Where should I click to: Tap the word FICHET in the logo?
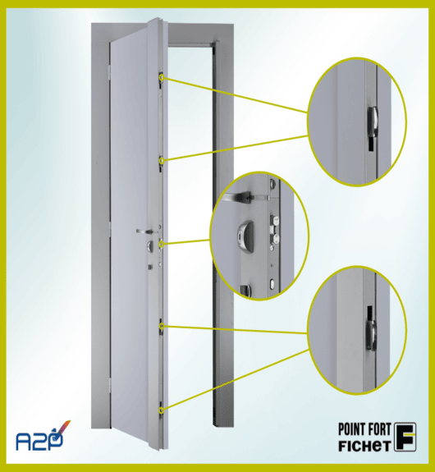click(364, 446)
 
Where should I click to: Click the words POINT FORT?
click(364, 429)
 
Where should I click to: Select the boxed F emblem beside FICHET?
click(405, 437)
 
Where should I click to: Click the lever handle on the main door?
click(145, 231)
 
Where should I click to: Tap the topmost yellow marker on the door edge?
click(162, 78)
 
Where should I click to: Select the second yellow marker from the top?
click(162, 161)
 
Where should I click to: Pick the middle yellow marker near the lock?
click(162, 243)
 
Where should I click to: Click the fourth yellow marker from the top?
click(162, 326)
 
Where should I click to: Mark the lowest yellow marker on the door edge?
click(162, 410)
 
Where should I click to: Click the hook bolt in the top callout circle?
click(372, 121)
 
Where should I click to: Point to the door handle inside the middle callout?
click(238, 197)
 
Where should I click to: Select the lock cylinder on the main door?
click(150, 246)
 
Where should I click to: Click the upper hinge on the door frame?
click(110, 72)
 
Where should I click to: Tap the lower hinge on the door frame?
click(110, 386)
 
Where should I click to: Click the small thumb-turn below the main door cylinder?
click(149, 267)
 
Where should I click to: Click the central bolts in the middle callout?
click(275, 230)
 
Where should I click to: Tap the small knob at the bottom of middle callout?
click(246, 290)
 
